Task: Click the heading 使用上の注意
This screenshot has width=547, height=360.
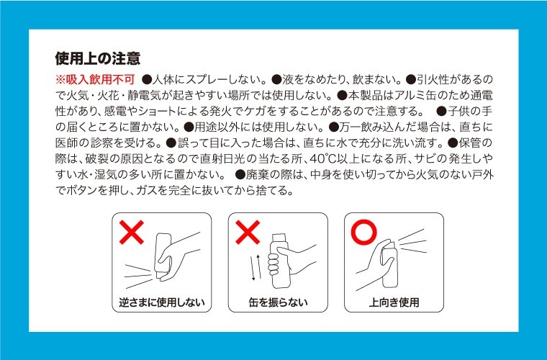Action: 98,58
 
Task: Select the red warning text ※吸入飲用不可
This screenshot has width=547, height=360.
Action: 95,79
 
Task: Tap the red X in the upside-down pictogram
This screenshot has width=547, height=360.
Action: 132,233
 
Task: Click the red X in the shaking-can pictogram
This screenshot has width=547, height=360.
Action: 248,233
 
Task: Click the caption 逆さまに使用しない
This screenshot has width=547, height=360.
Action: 161,302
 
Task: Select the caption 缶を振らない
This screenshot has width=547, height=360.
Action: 278,302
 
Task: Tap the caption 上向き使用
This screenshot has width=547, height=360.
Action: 394,302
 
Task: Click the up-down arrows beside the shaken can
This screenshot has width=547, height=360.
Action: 256,268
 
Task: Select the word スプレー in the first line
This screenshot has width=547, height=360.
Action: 207,79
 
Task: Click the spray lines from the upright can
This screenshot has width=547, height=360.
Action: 413,241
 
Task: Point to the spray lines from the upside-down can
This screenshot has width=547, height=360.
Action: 139,277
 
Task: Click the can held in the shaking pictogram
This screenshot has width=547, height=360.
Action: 279,261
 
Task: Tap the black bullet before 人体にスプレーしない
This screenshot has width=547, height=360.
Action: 148,79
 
